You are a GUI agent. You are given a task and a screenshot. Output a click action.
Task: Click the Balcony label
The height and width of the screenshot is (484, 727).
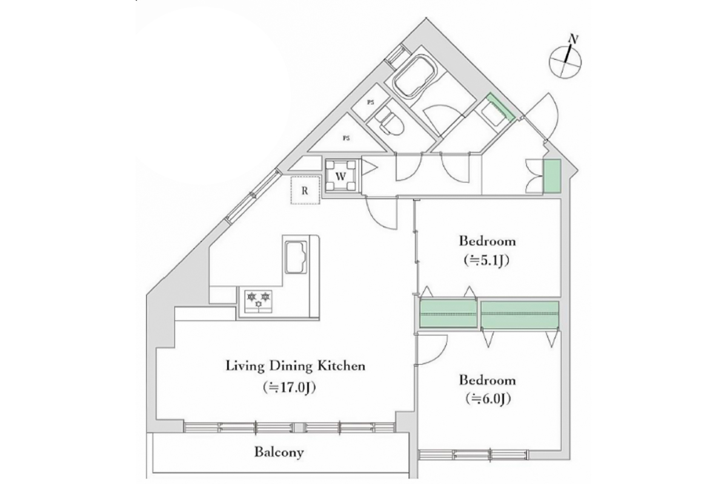coord(279,452)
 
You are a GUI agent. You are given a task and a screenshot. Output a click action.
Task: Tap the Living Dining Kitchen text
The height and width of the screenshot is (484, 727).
coord(296,366)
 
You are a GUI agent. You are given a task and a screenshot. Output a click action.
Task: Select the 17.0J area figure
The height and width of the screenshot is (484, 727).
coord(289,387)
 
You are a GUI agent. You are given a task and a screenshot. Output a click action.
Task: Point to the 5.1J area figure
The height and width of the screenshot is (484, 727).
coord(487,260)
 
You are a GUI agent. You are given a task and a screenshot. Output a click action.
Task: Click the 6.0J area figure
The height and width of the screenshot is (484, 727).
coord(488,399)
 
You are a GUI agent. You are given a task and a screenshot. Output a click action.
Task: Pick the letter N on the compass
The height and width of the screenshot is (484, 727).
coord(574,39)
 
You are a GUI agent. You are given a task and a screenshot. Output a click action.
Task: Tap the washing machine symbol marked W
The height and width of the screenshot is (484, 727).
coord(340,176)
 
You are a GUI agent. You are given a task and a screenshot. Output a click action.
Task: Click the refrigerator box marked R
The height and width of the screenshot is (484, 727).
coord(305,191)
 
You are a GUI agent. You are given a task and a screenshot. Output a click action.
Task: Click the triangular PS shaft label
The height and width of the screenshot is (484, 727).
coord(347,138)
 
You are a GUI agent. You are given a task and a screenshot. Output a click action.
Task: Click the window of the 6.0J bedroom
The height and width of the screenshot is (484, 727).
coord(473,454)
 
